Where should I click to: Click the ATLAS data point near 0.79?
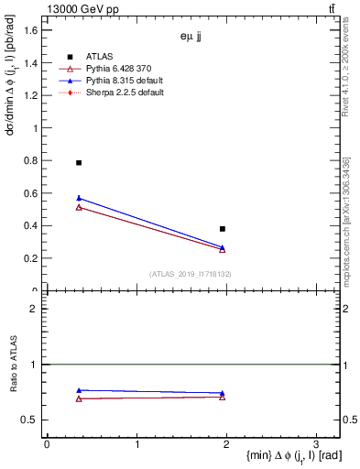79,162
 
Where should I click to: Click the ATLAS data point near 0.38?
223,228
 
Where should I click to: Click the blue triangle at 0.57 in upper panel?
79,198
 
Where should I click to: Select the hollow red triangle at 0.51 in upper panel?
79,207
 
